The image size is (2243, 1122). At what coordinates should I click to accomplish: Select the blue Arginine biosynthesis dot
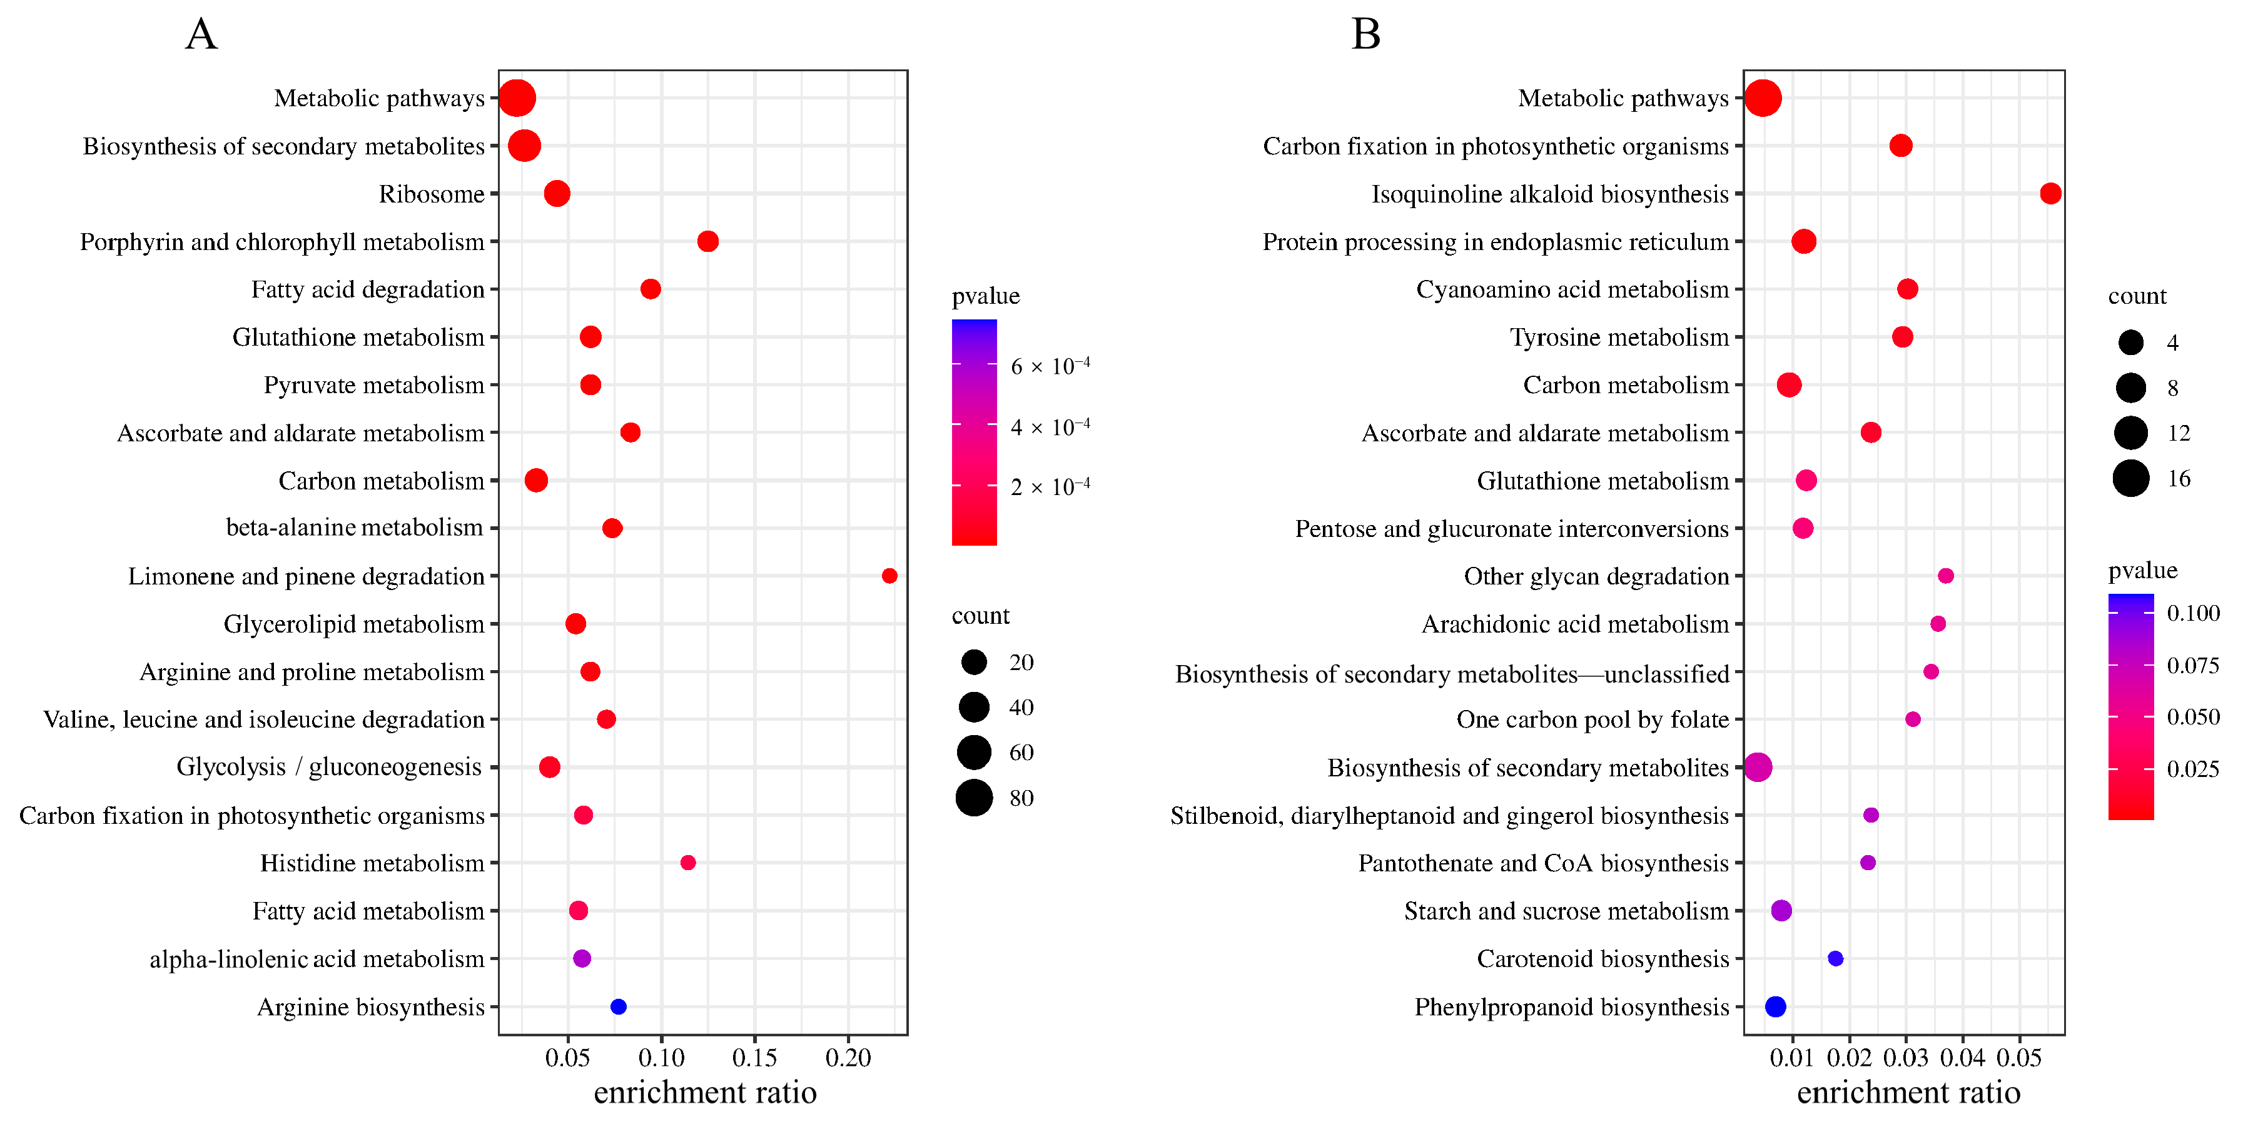pyautogui.click(x=618, y=1006)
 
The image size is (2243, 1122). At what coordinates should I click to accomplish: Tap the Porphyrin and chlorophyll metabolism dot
pyautogui.click(x=708, y=241)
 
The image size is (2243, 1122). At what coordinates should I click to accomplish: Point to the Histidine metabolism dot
pyautogui.click(x=688, y=863)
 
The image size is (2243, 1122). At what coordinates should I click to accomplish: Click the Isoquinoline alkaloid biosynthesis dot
pyautogui.click(x=2050, y=193)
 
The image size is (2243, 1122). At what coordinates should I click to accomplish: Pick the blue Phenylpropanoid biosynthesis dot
pyautogui.click(x=1775, y=1006)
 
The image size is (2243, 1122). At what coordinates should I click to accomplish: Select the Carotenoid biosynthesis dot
pyautogui.click(x=1836, y=958)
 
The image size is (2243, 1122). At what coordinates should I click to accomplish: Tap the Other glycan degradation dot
pyautogui.click(x=1946, y=575)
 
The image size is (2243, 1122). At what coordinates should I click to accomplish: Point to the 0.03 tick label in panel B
pyautogui.click(x=1906, y=1058)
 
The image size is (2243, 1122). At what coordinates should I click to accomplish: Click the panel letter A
pyautogui.click(x=201, y=35)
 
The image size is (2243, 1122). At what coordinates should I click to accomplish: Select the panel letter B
pyautogui.click(x=1365, y=35)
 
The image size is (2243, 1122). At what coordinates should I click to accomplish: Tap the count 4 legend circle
pyautogui.click(x=2130, y=343)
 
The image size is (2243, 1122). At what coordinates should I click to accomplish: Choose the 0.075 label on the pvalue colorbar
pyautogui.click(x=2192, y=666)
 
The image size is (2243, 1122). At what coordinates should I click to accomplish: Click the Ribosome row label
pyautogui.click(x=431, y=194)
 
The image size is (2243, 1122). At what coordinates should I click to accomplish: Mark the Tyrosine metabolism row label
pyautogui.click(x=1619, y=337)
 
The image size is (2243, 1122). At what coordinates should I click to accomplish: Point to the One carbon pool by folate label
pyautogui.click(x=1592, y=720)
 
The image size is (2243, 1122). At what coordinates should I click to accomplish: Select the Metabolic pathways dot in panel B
pyautogui.click(x=1763, y=98)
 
